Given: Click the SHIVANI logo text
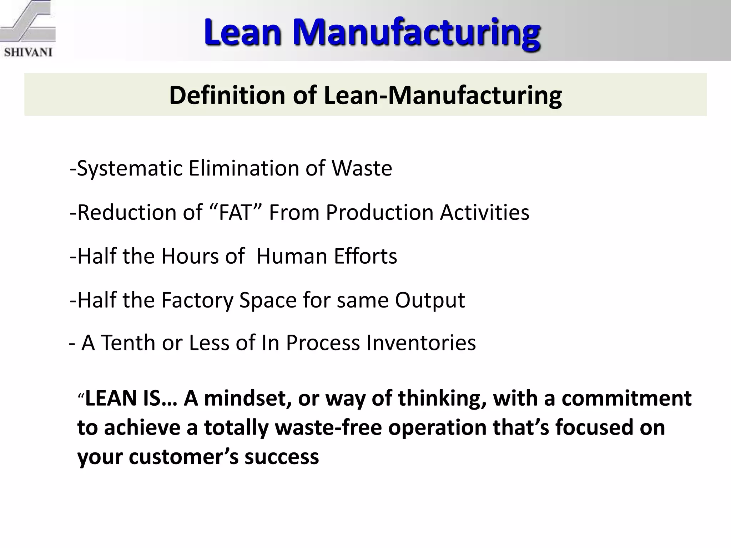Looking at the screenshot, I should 28,52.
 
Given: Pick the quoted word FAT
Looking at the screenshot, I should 236,213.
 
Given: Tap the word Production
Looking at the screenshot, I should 380,213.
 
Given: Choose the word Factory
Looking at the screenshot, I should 197,300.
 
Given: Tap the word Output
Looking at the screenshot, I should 429,300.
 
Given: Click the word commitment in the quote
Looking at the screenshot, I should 626,399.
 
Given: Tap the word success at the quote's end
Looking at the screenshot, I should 282,457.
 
